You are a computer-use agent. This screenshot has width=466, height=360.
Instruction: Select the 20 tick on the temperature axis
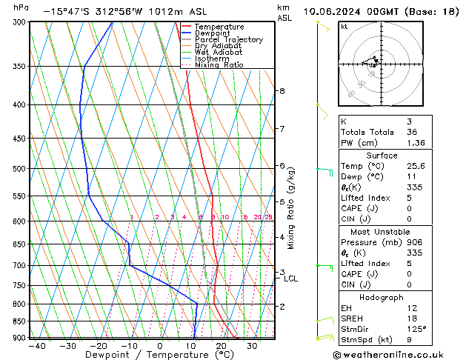[221, 346]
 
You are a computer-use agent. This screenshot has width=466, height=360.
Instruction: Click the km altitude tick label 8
[282, 91]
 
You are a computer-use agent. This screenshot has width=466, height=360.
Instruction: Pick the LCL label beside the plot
[290, 279]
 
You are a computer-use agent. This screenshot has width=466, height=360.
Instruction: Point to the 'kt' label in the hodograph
[344, 26]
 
